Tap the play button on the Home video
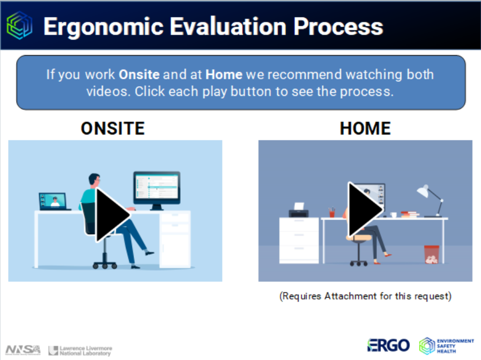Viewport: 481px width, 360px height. click(365, 209)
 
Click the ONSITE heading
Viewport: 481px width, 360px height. click(113, 129)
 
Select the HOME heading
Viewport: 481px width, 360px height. click(365, 129)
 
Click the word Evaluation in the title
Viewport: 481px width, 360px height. click(228, 27)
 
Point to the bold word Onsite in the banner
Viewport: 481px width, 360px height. click(139, 74)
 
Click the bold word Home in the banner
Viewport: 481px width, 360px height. click(224, 74)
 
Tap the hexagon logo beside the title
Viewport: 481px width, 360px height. click(19, 25)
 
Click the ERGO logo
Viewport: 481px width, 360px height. click(388, 346)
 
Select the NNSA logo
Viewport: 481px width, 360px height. click(23, 350)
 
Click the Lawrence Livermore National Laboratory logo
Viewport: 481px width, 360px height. click(80, 350)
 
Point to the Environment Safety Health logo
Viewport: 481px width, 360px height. click(446, 346)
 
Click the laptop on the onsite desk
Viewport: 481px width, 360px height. click(54, 201)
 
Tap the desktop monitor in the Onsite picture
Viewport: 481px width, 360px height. click(157, 190)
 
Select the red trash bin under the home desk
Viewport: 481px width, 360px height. click(432, 254)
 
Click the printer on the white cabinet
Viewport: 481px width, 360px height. click(299, 210)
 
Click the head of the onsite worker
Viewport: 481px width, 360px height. click(94, 179)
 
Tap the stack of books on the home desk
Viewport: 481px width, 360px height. click(410, 214)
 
